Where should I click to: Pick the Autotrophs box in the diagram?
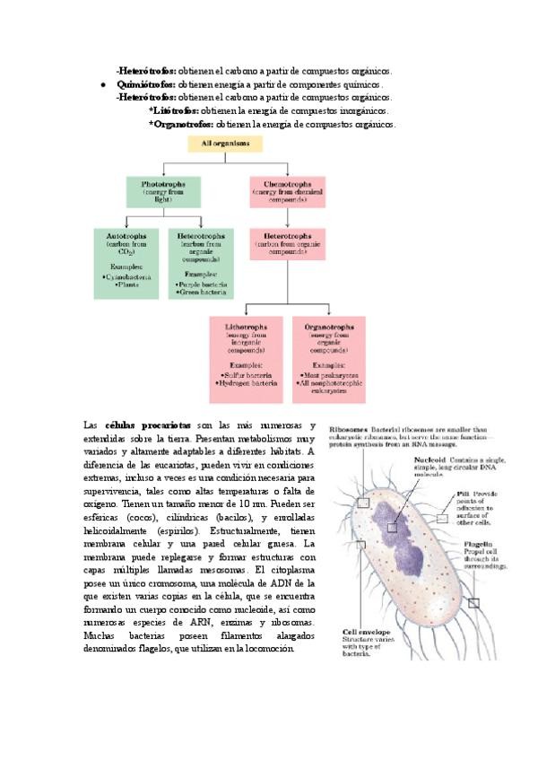(126, 260)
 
